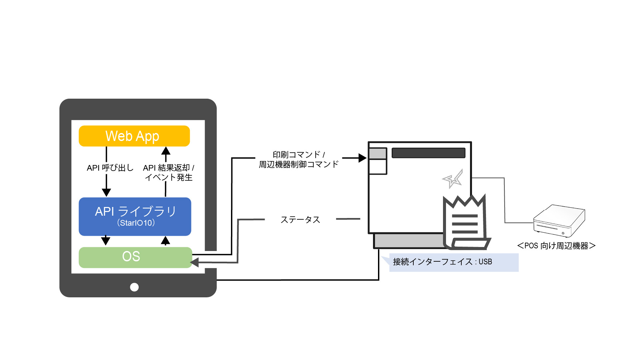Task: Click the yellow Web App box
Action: pyautogui.click(x=134, y=136)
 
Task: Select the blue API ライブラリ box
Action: pyautogui.click(x=135, y=216)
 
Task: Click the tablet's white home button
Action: pyautogui.click(x=134, y=287)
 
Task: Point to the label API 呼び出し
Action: pyautogui.click(x=110, y=168)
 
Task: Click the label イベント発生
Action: pyautogui.click(x=169, y=177)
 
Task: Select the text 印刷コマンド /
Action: pyautogui.click(x=299, y=155)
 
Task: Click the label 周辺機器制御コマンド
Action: pyautogui.click(x=299, y=164)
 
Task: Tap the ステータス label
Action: pyautogui.click(x=300, y=220)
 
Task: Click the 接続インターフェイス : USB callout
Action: pyautogui.click(x=447, y=262)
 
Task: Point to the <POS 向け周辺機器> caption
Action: pyautogui.click(x=556, y=246)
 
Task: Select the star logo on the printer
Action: pyautogui.click(x=453, y=179)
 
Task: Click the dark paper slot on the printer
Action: pyautogui.click(x=428, y=153)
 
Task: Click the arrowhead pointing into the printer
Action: pyautogui.click(x=362, y=158)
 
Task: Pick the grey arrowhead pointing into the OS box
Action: pyautogui.click(x=195, y=262)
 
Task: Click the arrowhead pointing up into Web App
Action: pyautogui.click(x=166, y=151)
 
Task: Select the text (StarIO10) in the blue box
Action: pyautogui.click(x=136, y=223)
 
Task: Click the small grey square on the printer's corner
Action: pyautogui.click(x=378, y=154)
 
